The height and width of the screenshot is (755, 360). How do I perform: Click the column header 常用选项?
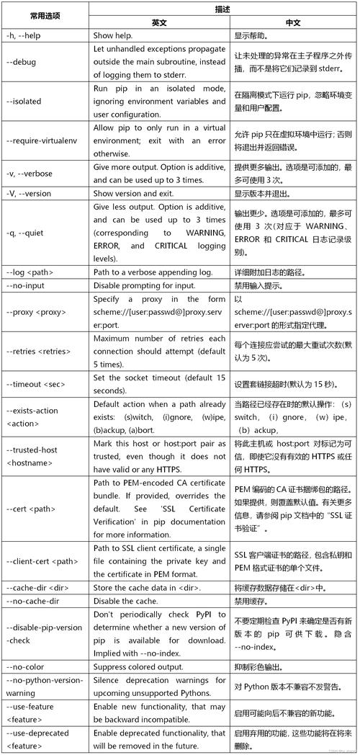(45, 15)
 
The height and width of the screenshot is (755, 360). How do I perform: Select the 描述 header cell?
(223, 9)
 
